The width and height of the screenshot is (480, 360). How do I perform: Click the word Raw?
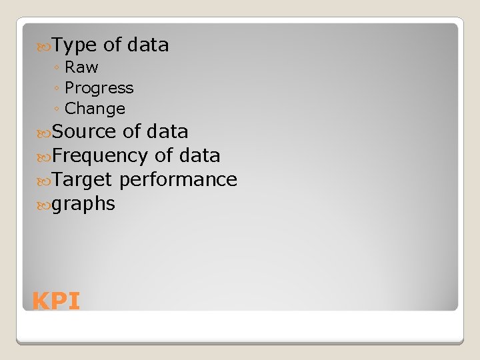click(x=81, y=67)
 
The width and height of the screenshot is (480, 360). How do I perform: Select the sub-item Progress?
click(x=99, y=88)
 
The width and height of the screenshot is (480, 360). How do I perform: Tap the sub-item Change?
click(x=95, y=109)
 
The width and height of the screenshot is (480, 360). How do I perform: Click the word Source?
click(x=85, y=131)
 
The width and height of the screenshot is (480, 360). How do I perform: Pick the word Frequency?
click(x=99, y=156)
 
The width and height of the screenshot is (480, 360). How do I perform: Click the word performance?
click(x=179, y=180)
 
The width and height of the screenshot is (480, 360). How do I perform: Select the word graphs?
click(x=83, y=204)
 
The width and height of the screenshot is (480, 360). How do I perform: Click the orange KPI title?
click(x=56, y=301)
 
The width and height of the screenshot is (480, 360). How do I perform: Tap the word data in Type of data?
click(x=148, y=45)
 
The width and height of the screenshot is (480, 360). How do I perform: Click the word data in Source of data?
click(x=167, y=131)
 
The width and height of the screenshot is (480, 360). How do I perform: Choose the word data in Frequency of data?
click(x=199, y=155)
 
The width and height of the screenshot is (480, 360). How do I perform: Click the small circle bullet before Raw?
click(x=59, y=68)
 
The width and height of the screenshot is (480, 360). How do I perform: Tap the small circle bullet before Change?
click(x=59, y=109)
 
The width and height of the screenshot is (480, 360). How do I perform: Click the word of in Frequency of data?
click(x=163, y=155)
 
